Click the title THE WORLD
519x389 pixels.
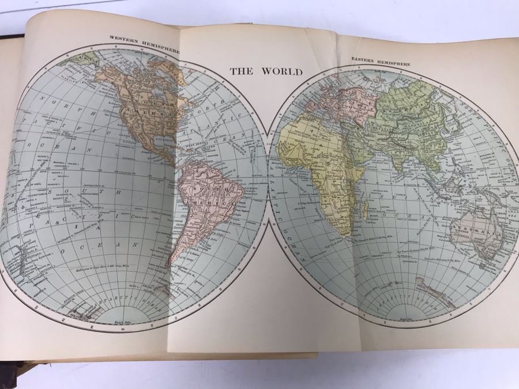[266, 72]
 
